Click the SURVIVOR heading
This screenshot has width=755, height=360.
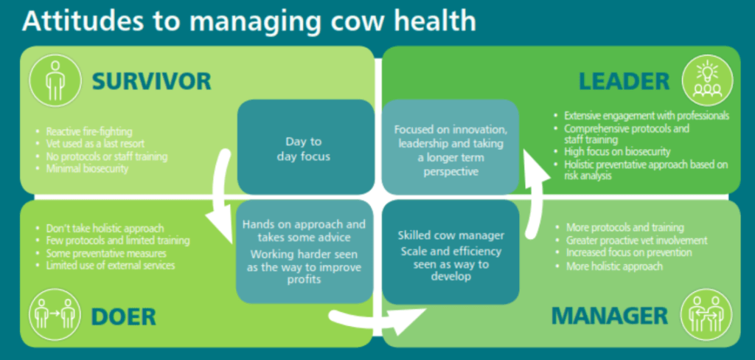coord(151,81)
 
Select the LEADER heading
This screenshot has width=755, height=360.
coord(624,81)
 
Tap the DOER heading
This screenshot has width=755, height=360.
coord(123,316)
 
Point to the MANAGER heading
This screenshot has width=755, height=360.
coord(610,316)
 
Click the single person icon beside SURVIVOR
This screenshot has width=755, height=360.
coord(55,80)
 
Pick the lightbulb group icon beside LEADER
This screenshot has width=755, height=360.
coord(707,80)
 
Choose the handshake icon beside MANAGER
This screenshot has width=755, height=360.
coord(707,314)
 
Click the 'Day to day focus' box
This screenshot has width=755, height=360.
coord(306,147)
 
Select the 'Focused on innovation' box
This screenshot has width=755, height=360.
coord(450,147)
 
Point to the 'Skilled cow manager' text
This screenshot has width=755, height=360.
coord(451,235)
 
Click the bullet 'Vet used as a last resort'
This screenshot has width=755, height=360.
coord(91,144)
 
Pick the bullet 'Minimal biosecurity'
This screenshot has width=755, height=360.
coord(83,169)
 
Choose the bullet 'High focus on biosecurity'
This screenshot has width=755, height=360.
coord(613,152)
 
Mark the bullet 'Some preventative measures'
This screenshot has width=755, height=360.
coord(102,253)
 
